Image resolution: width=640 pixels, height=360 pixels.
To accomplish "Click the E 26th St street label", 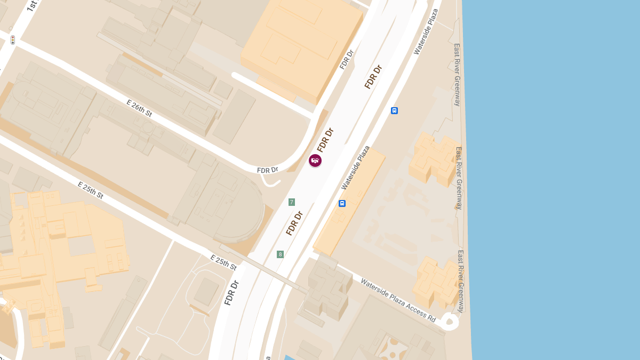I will click(x=139, y=108).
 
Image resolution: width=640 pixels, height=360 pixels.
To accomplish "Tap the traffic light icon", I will click(x=13, y=39).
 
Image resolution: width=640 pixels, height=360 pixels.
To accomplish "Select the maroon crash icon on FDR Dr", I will click(x=315, y=161).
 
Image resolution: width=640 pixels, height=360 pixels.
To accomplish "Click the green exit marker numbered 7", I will click(x=292, y=202).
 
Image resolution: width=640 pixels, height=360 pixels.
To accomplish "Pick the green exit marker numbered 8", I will click(x=280, y=254).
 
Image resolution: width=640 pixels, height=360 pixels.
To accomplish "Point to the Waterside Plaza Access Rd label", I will click(x=398, y=299).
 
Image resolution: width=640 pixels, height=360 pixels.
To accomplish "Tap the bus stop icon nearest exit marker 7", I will click(x=342, y=203).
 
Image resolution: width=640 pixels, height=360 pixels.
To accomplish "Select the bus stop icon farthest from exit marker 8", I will click(x=394, y=111).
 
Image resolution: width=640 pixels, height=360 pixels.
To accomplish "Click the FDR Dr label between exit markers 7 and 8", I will click(x=294, y=223).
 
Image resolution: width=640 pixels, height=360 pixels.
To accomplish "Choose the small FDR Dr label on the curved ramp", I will click(x=268, y=170).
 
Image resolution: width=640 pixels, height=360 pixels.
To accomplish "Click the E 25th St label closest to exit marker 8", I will click(x=223, y=262).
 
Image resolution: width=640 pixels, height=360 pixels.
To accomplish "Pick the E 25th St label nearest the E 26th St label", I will click(x=90, y=190).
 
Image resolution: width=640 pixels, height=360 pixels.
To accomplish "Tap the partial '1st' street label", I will click(x=32, y=6).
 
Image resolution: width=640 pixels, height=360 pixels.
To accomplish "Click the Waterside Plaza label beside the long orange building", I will click(x=356, y=167).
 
